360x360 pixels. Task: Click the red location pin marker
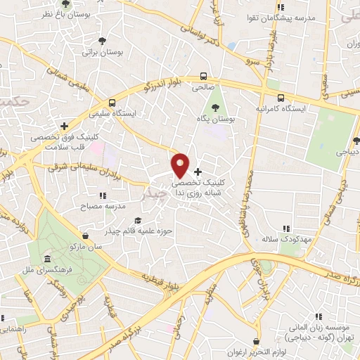(181, 165)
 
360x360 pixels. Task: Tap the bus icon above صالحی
(202, 77)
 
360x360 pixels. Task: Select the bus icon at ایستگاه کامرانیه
(281, 98)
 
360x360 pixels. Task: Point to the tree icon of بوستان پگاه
(214, 108)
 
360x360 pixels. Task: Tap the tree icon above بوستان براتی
(103, 41)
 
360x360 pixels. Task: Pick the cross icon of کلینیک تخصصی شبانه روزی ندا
(198, 172)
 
